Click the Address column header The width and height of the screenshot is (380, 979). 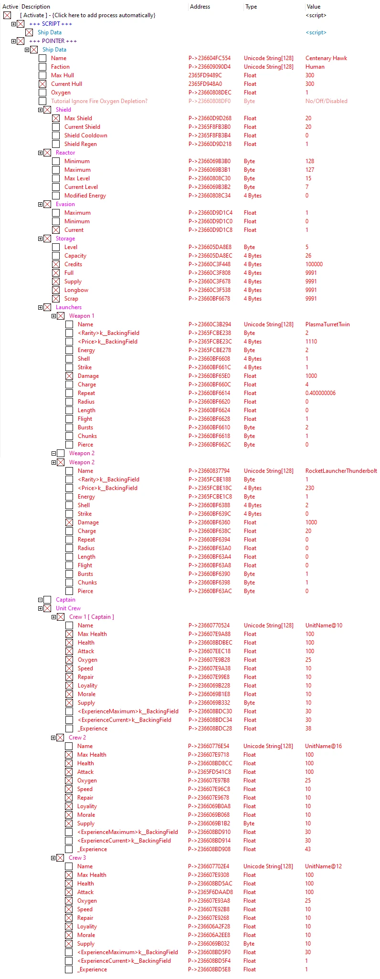200,7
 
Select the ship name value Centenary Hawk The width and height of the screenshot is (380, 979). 326,58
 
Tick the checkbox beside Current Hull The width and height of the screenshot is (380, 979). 43,84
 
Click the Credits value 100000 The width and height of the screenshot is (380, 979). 314,264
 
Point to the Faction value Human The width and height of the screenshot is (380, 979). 315,67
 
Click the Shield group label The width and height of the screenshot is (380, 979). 63,110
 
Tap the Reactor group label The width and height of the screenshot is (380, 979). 65,153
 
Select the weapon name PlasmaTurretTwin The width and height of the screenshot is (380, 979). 327,324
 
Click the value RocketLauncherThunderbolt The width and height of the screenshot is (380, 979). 341,471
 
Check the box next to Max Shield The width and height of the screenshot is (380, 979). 56,118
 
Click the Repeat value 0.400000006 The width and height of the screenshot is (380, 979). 320,393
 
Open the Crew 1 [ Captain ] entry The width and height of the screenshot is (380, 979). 91,617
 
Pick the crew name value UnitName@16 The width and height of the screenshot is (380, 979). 323,746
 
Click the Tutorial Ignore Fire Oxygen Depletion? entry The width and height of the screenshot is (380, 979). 99,101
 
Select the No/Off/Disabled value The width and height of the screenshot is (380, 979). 326,101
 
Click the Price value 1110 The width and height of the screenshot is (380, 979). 311,342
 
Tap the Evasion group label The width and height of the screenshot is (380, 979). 65,204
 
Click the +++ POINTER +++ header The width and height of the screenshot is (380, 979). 53,41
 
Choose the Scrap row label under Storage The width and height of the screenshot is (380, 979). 71,299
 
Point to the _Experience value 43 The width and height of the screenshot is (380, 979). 307,849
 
